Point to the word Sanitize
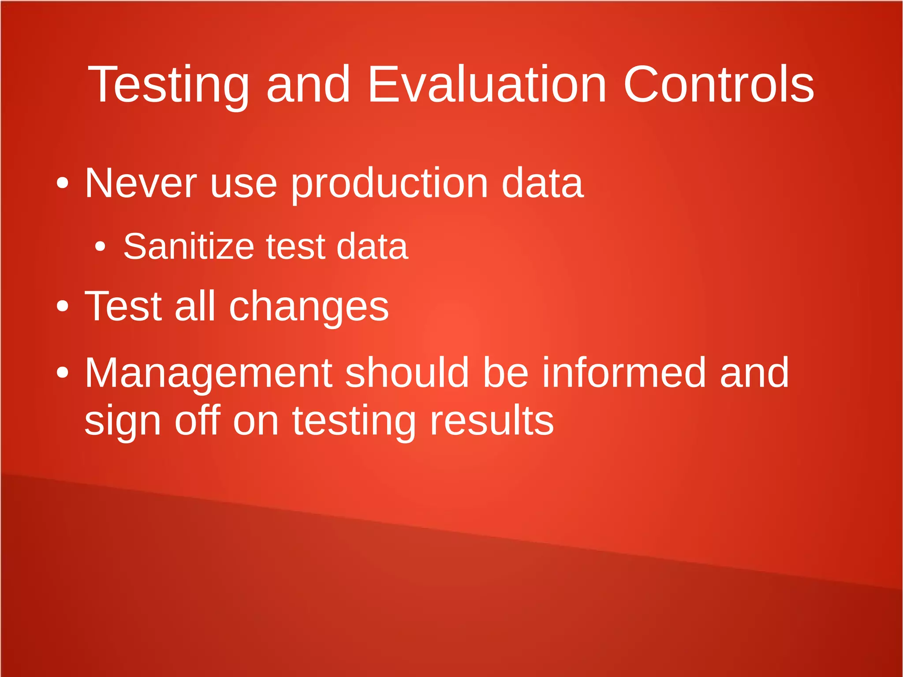click(x=189, y=246)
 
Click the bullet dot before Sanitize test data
click(x=101, y=247)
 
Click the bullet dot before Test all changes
click(x=63, y=306)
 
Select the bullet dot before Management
click(x=63, y=373)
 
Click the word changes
click(x=309, y=307)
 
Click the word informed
click(x=624, y=373)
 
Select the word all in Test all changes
click(x=195, y=306)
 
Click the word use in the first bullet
click(x=243, y=183)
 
